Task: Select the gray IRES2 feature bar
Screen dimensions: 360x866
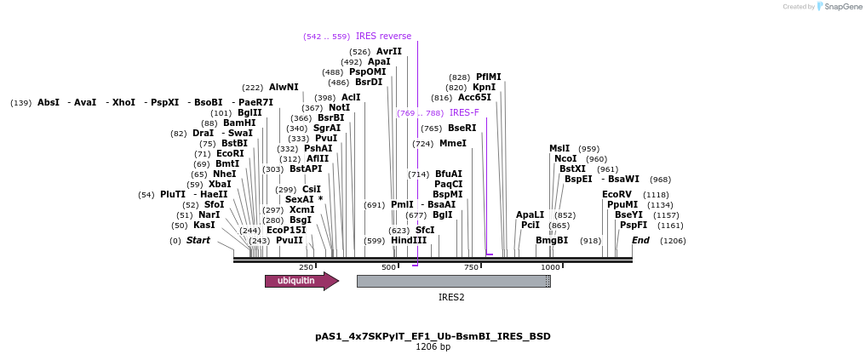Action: click(x=452, y=281)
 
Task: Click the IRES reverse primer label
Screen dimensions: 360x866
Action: click(x=383, y=36)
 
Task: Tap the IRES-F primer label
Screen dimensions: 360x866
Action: click(x=464, y=112)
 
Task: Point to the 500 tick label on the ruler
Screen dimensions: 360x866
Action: click(x=388, y=267)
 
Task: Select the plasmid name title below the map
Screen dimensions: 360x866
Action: click(x=433, y=336)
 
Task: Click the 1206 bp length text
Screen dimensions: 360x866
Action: click(x=433, y=347)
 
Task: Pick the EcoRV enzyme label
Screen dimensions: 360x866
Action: click(x=617, y=195)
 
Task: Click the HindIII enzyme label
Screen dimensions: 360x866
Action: click(x=409, y=240)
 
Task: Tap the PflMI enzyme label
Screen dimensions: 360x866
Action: click(x=489, y=77)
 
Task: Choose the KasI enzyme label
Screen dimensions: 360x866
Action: click(x=204, y=225)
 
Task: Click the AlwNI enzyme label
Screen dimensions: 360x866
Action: click(x=284, y=87)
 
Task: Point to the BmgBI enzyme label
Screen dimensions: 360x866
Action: click(x=552, y=240)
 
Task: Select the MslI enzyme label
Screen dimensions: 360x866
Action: click(x=559, y=148)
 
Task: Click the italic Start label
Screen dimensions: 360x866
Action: click(x=198, y=240)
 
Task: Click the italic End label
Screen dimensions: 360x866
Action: click(x=640, y=240)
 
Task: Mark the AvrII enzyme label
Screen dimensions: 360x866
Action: click(x=389, y=51)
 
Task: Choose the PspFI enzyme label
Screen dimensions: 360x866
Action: click(x=634, y=225)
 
